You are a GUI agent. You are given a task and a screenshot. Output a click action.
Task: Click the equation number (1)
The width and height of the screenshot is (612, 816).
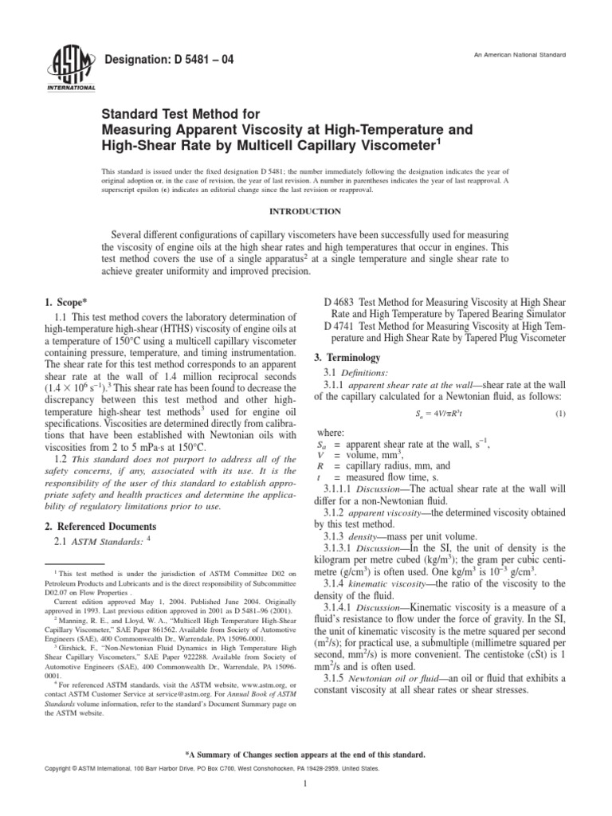pos(560,414)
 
